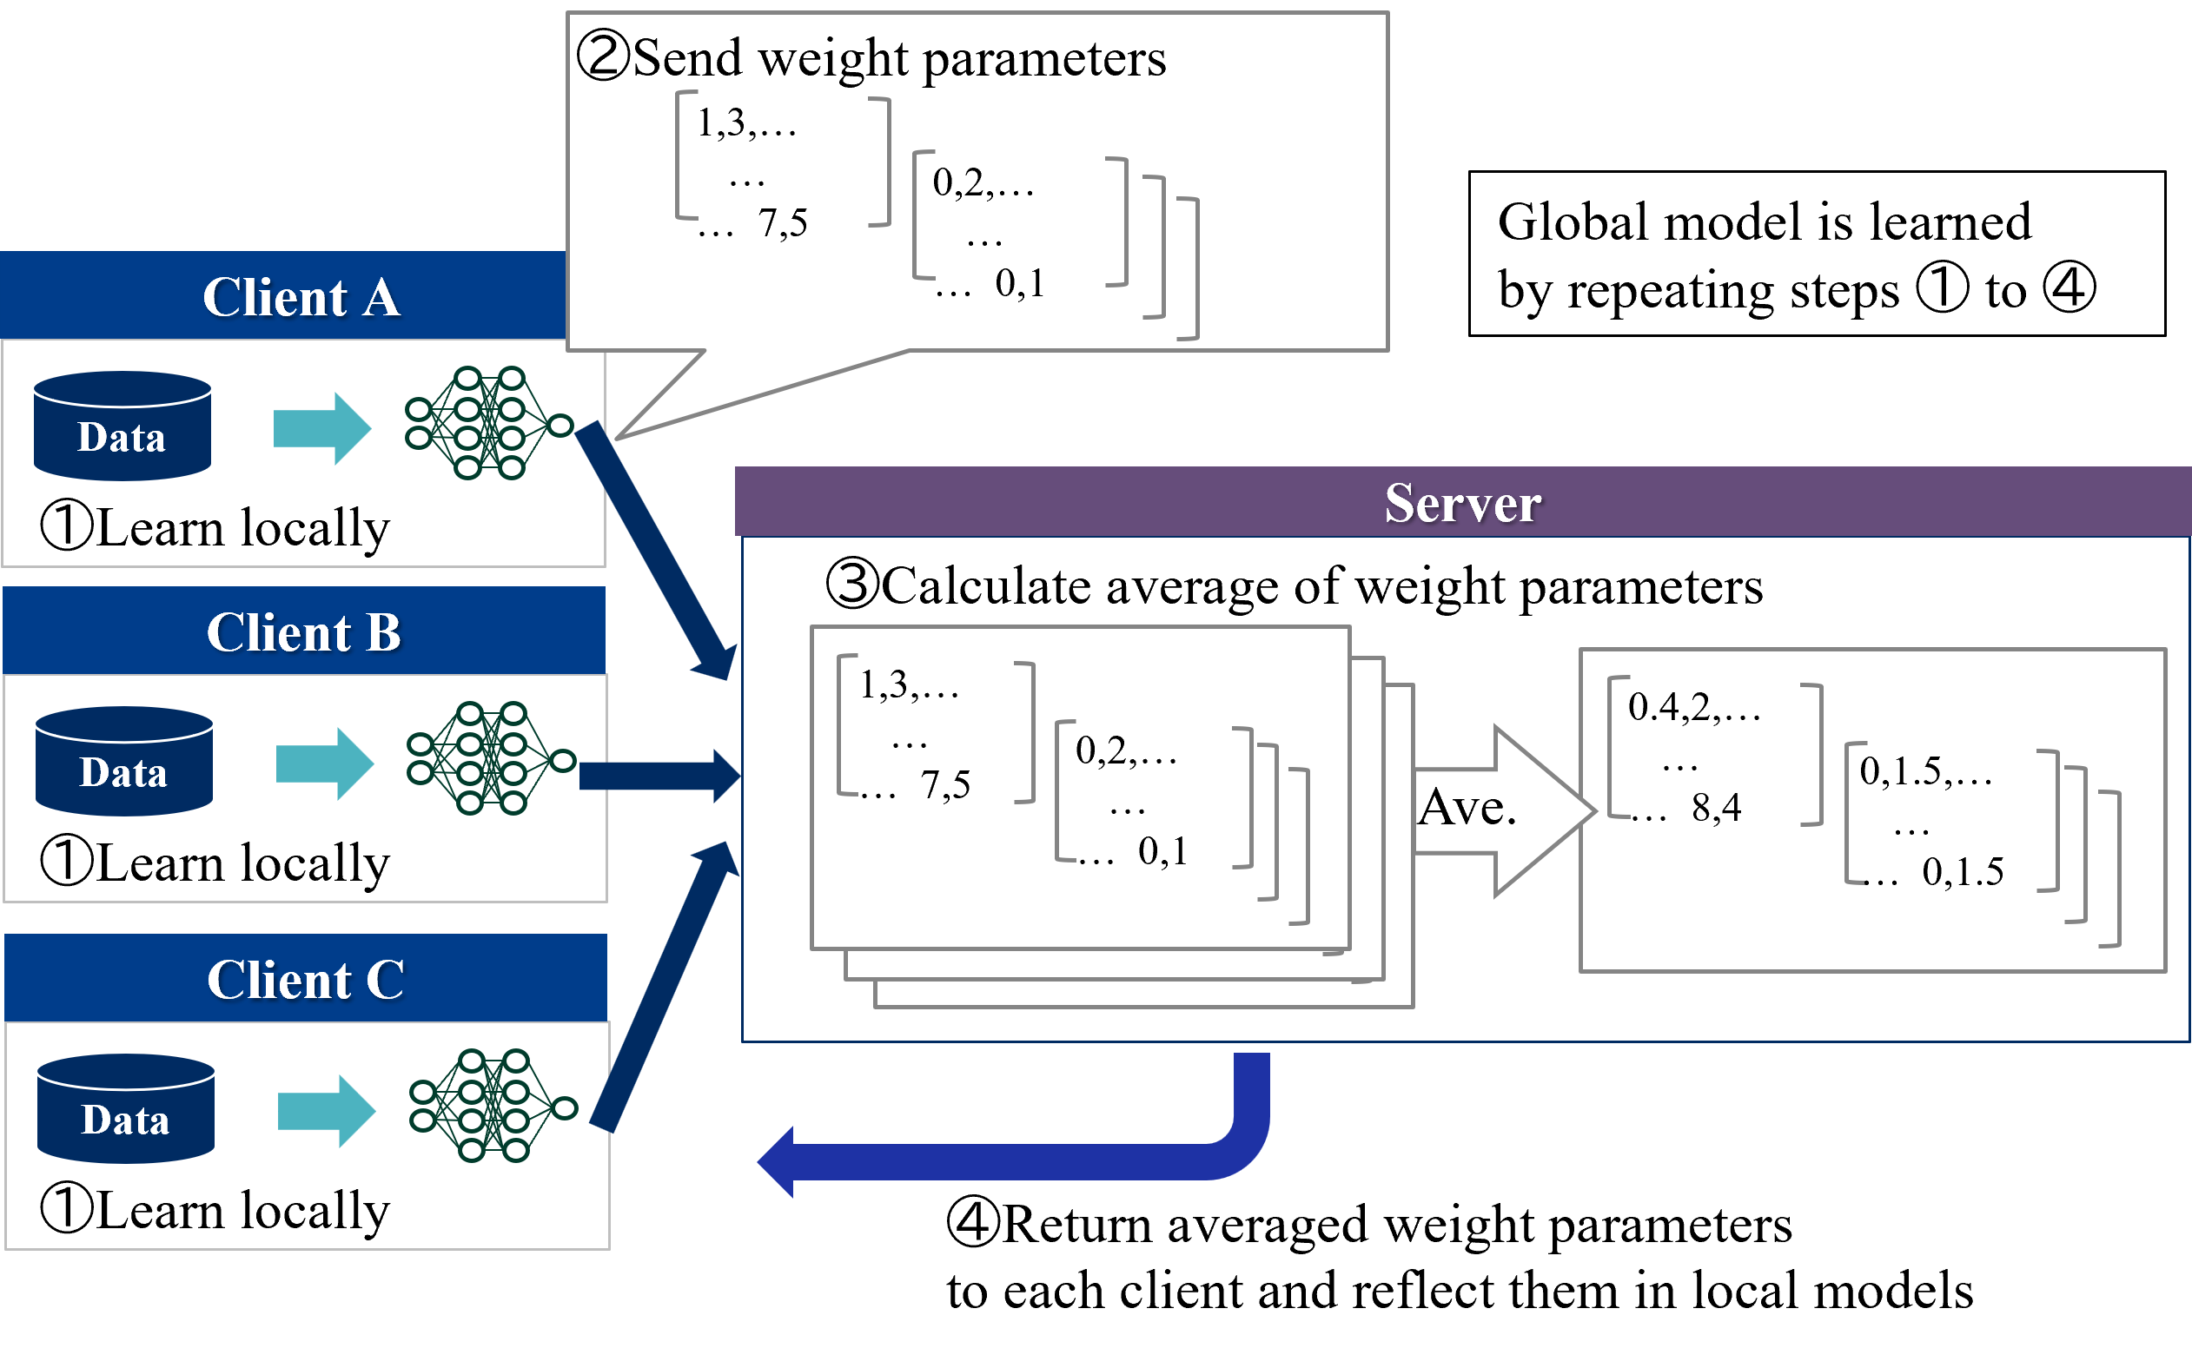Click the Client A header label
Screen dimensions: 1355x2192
pyautogui.click(x=301, y=297)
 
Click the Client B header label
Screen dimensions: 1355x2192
pyautogui.click(x=304, y=632)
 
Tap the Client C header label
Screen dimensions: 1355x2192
pyautogui.click(x=306, y=980)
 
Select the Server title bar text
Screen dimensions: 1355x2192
pyautogui.click(x=1462, y=503)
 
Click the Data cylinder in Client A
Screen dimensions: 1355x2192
pyautogui.click(x=122, y=426)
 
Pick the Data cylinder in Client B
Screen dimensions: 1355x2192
pyautogui.click(x=123, y=762)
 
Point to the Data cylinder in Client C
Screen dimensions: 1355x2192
pyautogui.click(x=125, y=1109)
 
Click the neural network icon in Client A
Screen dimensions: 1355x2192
pyautogui.click(x=488, y=423)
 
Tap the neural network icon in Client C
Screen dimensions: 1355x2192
pyautogui.click(x=493, y=1106)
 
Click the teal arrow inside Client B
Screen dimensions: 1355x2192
pyautogui.click(x=324, y=763)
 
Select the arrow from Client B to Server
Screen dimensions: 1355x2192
pyautogui.click(x=659, y=776)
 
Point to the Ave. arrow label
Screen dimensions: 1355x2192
pyautogui.click(x=1467, y=809)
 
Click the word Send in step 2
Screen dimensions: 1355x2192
pyautogui.click(x=687, y=59)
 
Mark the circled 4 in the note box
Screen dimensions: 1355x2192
pyautogui.click(x=2069, y=288)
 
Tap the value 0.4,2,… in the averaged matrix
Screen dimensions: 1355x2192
pyautogui.click(x=1693, y=708)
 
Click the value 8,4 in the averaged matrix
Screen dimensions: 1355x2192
pyautogui.click(x=1715, y=809)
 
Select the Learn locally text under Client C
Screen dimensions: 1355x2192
pyautogui.click(x=242, y=1211)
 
